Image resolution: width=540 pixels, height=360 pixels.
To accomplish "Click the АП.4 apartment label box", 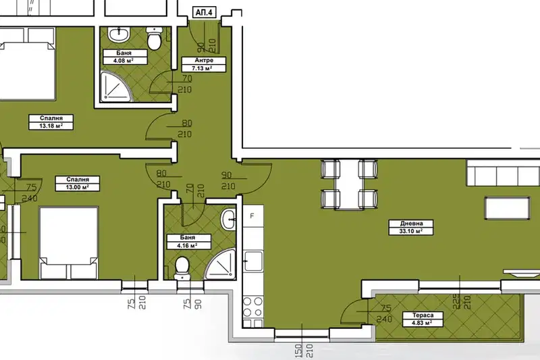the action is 205,13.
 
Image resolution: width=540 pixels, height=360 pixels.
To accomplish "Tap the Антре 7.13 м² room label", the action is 204,64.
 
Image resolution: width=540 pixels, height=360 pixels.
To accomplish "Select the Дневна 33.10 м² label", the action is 411,228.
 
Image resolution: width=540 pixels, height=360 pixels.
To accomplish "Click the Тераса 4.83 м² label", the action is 423,319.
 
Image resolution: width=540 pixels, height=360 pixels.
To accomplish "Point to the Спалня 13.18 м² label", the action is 51,122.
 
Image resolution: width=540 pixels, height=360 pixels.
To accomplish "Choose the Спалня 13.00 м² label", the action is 78,183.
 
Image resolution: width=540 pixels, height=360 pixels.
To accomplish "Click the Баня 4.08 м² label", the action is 124,57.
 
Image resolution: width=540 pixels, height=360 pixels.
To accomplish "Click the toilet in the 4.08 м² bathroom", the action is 155,38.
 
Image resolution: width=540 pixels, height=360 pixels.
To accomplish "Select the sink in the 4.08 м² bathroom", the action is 119,35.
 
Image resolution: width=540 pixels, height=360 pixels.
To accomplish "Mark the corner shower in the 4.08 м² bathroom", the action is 116,86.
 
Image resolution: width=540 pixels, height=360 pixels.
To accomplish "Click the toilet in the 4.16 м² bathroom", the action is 182,269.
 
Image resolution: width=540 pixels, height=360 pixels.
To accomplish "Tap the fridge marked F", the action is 253,215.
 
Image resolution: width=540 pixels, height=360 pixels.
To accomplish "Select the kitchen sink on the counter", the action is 253,261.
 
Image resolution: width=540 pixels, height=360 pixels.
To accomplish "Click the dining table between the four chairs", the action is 350,184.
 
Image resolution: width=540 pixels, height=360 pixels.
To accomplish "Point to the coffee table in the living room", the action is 508,208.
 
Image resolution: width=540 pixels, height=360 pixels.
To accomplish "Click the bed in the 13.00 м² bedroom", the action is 69,242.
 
